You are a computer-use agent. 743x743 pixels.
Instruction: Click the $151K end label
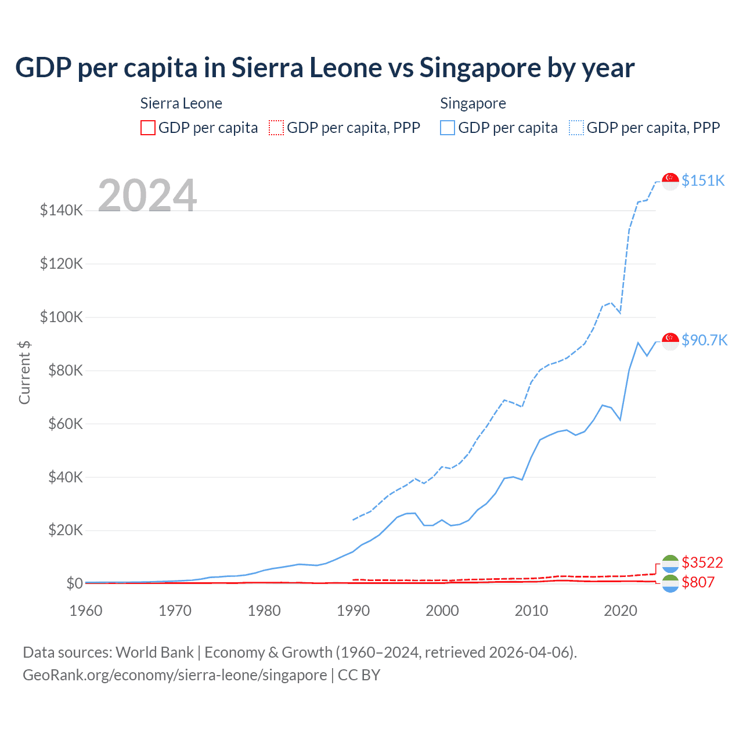[x=703, y=181]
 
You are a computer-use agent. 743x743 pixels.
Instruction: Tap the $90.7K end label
[x=704, y=340]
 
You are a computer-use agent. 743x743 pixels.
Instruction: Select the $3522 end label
[x=702, y=562]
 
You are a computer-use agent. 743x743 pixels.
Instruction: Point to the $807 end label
[x=698, y=582]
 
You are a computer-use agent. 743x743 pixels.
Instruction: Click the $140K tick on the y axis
[x=62, y=210]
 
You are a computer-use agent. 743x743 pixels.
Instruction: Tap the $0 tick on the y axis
[x=74, y=583]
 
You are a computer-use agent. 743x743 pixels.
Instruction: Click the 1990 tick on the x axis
[x=353, y=611]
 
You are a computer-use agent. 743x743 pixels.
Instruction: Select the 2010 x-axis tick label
[x=531, y=611]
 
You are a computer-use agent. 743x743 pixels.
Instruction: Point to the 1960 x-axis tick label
[x=86, y=611]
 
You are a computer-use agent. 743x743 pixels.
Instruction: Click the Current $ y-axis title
[x=24, y=373]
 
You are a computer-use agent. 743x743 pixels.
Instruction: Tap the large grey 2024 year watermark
[x=147, y=196]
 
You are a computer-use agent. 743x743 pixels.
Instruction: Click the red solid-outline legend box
[x=148, y=128]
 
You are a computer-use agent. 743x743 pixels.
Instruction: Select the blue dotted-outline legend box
[x=576, y=128]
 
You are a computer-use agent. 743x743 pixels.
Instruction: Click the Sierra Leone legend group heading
[x=181, y=103]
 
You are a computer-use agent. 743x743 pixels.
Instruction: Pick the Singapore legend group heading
[x=473, y=103]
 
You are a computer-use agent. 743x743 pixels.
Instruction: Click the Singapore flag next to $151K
[x=670, y=181]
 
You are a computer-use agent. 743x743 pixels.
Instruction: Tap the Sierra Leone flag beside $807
[x=670, y=583]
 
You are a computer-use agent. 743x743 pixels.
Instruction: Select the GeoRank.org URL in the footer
[x=175, y=675]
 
